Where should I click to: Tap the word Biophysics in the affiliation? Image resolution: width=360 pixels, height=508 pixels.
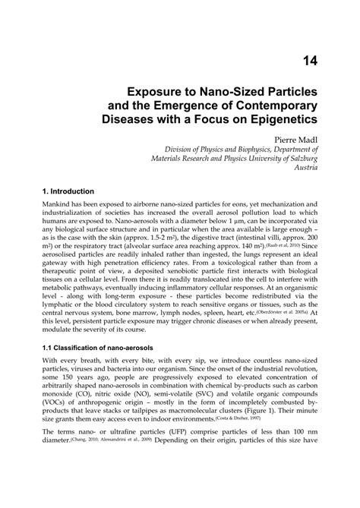[x=254, y=150]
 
